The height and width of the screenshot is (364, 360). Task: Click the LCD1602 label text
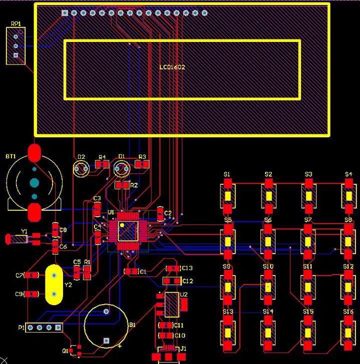172,67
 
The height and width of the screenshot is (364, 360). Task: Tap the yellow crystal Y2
54,285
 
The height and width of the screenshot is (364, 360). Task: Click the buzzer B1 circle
105,325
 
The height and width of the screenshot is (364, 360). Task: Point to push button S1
227,196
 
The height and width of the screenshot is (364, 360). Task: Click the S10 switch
268,287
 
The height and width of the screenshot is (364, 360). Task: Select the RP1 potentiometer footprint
15,46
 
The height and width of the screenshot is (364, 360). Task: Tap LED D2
80,168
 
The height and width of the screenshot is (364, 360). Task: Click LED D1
120,168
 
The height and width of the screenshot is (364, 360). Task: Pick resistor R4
102,164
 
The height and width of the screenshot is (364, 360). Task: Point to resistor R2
122,185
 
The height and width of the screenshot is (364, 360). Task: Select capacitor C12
173,281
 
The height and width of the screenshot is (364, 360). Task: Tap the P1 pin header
44,328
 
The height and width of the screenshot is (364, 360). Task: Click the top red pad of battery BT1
34,152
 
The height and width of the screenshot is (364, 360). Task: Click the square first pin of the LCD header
64,12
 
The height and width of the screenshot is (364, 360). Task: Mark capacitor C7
32,275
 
